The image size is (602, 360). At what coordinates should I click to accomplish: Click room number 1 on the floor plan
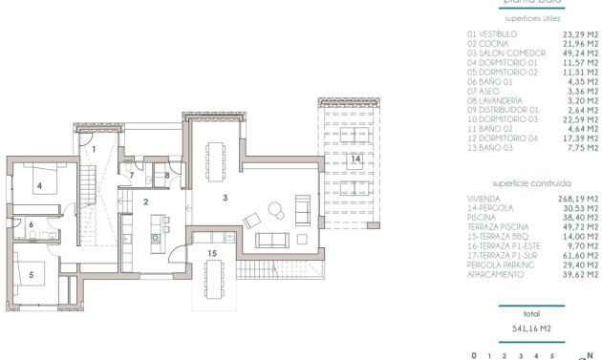click(x=94, y=148)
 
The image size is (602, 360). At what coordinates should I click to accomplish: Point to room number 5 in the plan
click(x=31, y=274)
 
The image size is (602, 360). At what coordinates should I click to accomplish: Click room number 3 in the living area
click(x=225, y=197)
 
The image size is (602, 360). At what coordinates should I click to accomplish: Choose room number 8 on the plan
click(x=167, y=175)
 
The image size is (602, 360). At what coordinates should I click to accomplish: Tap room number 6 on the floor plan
click(x=31, y=225)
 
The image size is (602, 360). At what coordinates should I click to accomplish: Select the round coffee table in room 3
click(x=274, y=210)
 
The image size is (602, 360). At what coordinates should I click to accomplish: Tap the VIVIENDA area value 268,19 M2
click(x=580, y=198)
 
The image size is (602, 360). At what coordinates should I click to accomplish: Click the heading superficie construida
click(x=532, y=182)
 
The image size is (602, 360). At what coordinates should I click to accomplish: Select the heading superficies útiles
click(x=532, y=18)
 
